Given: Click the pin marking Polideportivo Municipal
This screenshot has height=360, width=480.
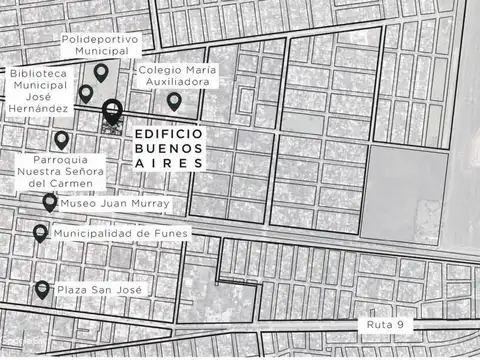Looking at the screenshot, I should click(101, 72).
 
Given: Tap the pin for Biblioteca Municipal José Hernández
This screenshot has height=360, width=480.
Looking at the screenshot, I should click(86, 94).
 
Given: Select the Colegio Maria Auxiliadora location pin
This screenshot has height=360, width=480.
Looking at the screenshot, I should click(174, 101).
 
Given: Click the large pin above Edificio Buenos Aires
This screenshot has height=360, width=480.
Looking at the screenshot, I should click(111, 111).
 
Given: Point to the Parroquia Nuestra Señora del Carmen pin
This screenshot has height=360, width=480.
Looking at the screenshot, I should click(62, 140).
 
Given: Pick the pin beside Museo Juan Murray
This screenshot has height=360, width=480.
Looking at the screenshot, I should click(50, 202).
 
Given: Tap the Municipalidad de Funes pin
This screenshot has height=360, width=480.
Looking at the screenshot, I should click(40, 234).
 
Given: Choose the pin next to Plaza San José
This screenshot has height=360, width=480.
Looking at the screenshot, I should click(42, 290).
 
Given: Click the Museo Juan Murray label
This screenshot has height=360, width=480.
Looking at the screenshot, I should click(115, 203).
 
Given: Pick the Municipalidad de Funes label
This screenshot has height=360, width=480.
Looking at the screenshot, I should click(120, 233).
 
